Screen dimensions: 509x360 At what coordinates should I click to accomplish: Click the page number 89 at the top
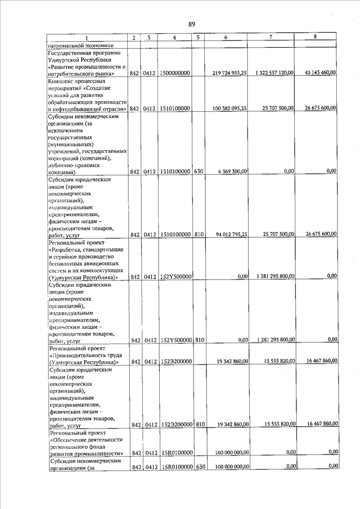(x=191, y=24)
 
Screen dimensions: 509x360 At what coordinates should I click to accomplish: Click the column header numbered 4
(x=175, y=38)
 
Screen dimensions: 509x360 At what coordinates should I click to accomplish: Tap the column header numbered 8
(x=314, y=37)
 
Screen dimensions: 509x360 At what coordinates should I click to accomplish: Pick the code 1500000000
(x=174, y=74)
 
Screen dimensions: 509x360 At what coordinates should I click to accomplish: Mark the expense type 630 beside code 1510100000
(x=199, y=172)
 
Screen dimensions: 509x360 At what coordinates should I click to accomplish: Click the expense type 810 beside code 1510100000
(x=199, y=235)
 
